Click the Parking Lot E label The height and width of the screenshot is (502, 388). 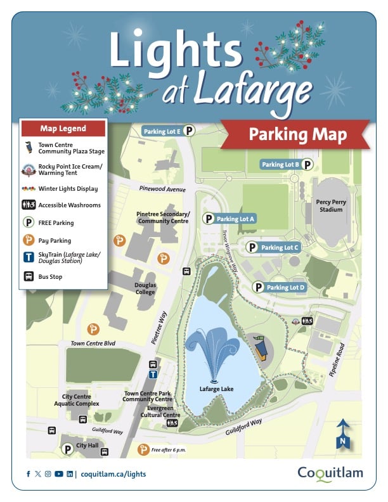point(162,132)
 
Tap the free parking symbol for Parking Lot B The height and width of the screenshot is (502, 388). point(307,165)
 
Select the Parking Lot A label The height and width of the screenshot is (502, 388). point(235,219)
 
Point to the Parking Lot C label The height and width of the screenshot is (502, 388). point(280,247)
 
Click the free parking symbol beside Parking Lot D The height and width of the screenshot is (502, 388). point(258,287)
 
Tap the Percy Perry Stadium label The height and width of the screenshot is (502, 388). point(333,205)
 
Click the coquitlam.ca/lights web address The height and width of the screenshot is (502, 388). point(113,474)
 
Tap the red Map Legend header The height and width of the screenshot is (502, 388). point(63,129)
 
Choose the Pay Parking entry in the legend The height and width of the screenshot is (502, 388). point(55,241)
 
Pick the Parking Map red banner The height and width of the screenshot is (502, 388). point(297,136)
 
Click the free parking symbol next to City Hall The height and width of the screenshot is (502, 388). point(67,449)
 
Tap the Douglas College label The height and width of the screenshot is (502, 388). point(145,288)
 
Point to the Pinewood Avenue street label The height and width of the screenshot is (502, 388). point(162,189)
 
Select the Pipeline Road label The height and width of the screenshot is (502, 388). point(341,358)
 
